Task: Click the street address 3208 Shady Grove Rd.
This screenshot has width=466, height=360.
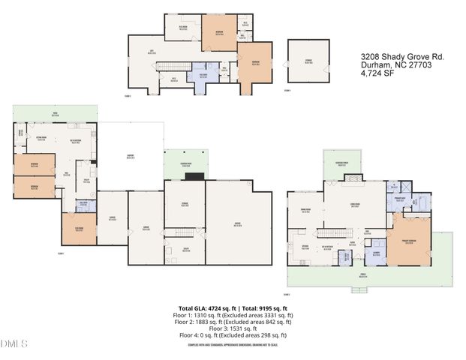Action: coord(392,55)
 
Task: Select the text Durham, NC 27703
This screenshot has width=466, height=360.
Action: coord(387,64)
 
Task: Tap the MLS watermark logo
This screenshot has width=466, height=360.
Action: coord(14,344)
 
